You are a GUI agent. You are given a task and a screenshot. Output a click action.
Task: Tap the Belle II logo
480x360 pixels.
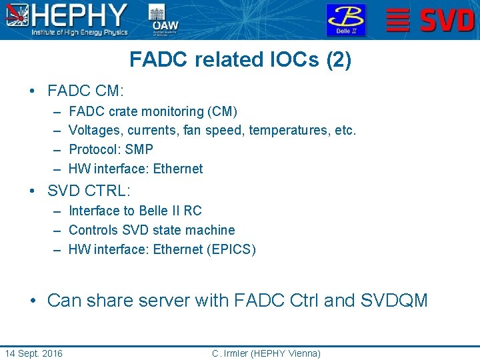click(345, 20)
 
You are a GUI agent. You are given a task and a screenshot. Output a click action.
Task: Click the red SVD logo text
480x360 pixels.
click(446, 20)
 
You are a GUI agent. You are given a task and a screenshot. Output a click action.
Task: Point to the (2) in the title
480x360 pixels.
click(339, 60)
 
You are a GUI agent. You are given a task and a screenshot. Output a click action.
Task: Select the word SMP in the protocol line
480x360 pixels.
click(139, 149)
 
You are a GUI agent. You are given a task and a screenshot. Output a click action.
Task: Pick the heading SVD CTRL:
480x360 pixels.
click(89, 190)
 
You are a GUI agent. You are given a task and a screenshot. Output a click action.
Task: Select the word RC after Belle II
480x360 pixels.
click(193, 211)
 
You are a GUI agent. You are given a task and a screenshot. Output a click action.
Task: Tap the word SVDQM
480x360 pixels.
click(394, 301)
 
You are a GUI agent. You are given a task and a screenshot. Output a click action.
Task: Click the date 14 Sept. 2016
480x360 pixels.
click(33, 353)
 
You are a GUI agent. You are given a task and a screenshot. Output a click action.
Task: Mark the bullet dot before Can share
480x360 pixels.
click(33, 301)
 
